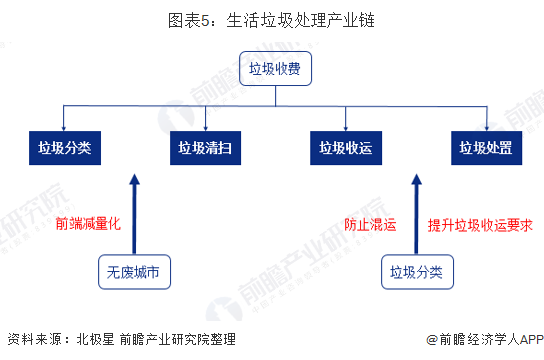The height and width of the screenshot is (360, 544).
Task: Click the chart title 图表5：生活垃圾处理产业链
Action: [x=271, y=19]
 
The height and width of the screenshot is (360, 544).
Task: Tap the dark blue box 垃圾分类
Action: [x=66, y=148]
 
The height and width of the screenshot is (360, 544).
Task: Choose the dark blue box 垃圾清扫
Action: [x=206, y=148]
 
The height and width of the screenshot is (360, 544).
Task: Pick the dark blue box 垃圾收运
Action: [x=345, y=148]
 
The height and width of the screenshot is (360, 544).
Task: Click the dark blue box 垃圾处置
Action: [x=485, y=148]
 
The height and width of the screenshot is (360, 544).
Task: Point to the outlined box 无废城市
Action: [x=134, y=270]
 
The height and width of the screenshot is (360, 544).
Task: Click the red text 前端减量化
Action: [x=88, y=224]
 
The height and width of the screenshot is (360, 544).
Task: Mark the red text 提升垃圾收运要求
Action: [x=480, y=225]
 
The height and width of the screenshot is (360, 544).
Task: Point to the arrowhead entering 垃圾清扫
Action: [x=206, y=125]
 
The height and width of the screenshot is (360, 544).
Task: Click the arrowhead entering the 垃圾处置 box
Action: [x=485, y=125]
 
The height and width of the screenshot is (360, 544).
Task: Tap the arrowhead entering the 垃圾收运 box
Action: [x=345, y=125]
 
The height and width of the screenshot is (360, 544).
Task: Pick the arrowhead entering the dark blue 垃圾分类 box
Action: [x=66, y=125]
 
